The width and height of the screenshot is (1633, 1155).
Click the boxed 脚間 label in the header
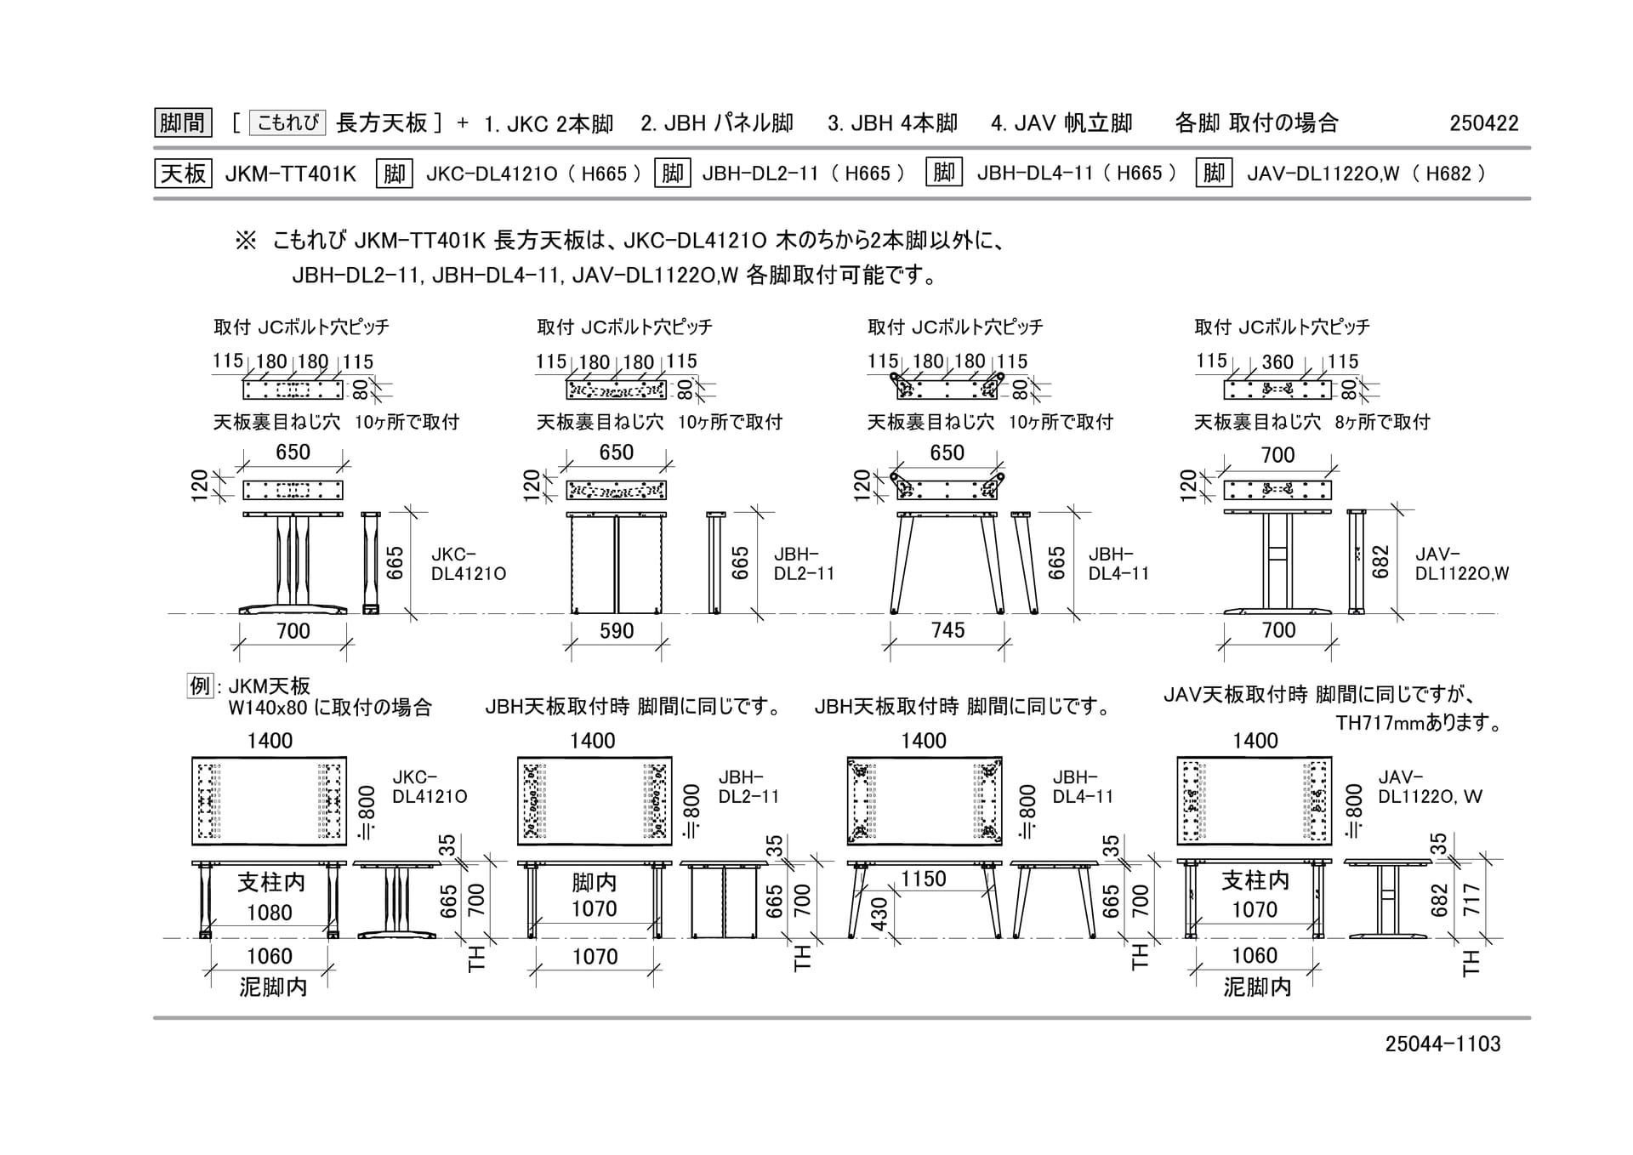point(183,123)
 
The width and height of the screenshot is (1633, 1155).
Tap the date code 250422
point(1484,123)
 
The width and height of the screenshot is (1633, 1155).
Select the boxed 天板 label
point(183,174)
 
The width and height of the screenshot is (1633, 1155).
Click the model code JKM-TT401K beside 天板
point(291,174)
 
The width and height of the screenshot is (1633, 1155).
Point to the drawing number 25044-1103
point(1442,1044)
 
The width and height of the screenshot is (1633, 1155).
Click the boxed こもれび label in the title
point(287,123)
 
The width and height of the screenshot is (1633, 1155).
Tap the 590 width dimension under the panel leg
point(617,631)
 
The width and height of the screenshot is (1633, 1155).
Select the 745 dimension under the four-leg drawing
point(947,630)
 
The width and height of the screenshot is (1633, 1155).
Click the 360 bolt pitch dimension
point(1277,362)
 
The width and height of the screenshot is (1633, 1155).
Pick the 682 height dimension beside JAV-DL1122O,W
point(1380,562)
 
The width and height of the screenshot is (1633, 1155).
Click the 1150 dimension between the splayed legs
point(924,879)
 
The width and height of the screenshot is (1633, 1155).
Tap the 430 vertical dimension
point(879,913)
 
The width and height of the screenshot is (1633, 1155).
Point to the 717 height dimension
point(1471,900)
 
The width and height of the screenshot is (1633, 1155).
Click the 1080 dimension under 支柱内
point(270,913)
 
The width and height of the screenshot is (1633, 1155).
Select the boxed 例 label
point(199,686)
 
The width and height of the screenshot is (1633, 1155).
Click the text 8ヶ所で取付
point(1382,422)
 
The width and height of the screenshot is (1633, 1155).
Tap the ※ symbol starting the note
point(246,241)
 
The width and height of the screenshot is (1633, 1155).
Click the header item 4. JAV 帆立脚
point(1061,123)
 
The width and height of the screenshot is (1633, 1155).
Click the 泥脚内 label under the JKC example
point(273,987)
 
